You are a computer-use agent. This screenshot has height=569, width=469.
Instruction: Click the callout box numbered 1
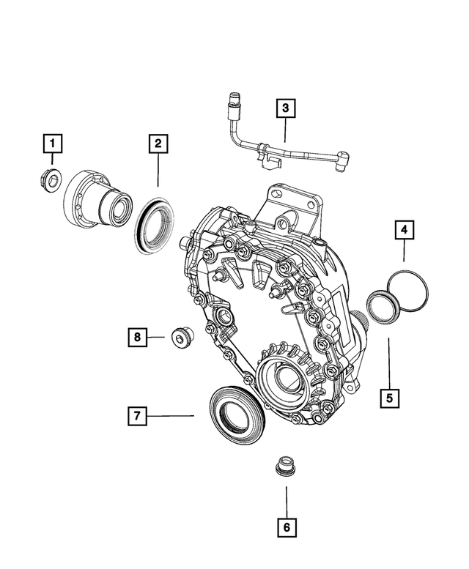click(52, 142)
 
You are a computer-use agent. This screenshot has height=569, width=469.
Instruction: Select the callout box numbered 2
click(157, 143)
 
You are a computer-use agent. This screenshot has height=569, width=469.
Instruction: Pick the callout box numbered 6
click(286, 526)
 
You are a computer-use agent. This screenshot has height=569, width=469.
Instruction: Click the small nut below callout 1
click(49, 178)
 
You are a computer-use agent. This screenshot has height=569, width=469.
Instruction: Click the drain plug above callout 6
click(284, 467)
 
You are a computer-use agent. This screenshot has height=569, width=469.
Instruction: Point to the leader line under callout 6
click(286, 497)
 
